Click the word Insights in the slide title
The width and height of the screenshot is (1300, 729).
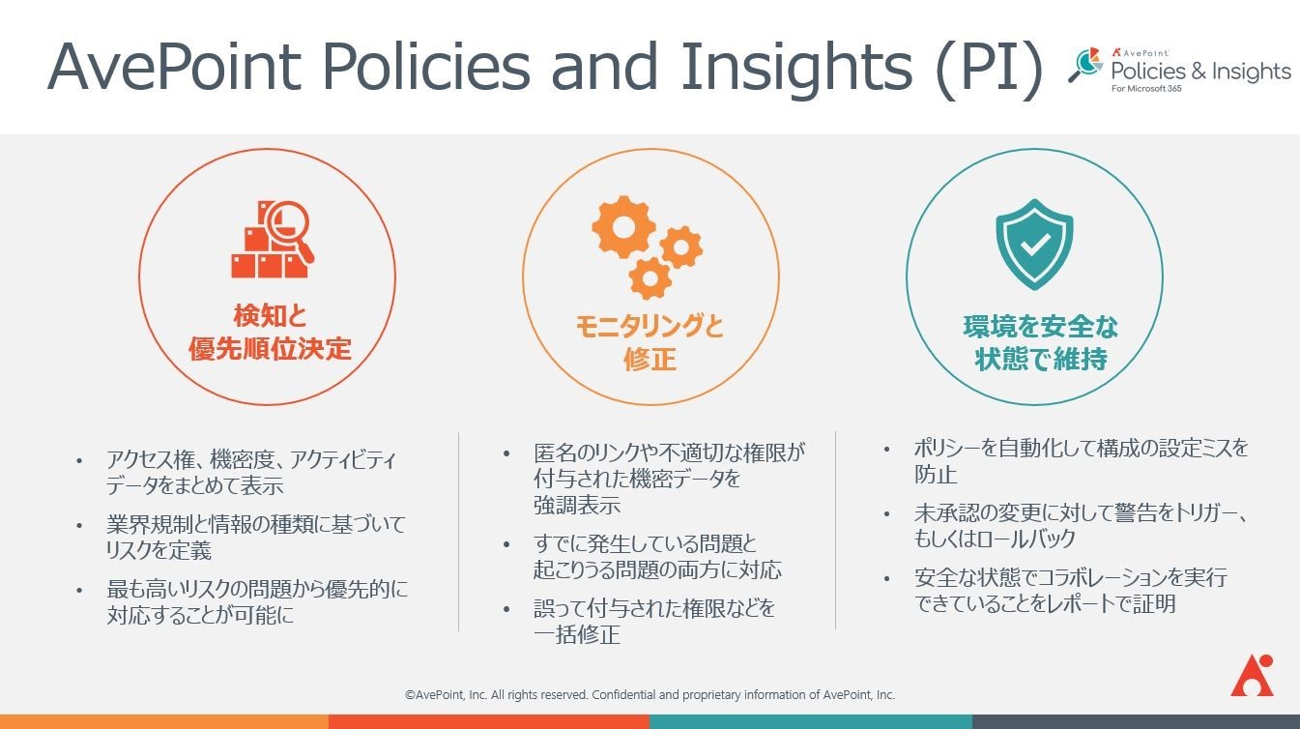point(796,66)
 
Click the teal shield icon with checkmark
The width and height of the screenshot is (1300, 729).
point(1034,245)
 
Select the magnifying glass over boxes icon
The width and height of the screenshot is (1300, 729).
point(273,239)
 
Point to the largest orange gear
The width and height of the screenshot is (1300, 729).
point(623,227)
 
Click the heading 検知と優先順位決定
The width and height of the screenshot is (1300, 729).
point(270,333)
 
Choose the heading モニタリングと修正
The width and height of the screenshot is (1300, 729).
point(650,342)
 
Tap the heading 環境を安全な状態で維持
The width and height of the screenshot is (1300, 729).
point(1040,342)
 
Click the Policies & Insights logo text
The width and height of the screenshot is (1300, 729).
point(1200,72)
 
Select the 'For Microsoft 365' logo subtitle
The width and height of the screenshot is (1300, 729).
point(1146,89)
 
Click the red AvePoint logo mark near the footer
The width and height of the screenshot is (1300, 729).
point(1252,675)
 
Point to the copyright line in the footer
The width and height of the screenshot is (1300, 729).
point(650,695)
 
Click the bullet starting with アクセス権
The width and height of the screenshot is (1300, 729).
point(250,472)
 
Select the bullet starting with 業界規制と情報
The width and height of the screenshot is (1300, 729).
point(255,537)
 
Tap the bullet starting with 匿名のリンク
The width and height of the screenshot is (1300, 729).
point(669,479)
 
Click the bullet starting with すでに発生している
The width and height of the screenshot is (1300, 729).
point(657,557)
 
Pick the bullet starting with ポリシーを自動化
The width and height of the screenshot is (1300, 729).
point(1081,461)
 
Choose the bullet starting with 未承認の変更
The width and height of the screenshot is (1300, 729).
point(1081,526)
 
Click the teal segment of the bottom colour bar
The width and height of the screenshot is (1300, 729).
point(811,721)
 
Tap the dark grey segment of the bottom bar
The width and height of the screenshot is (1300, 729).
point(1137,721)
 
